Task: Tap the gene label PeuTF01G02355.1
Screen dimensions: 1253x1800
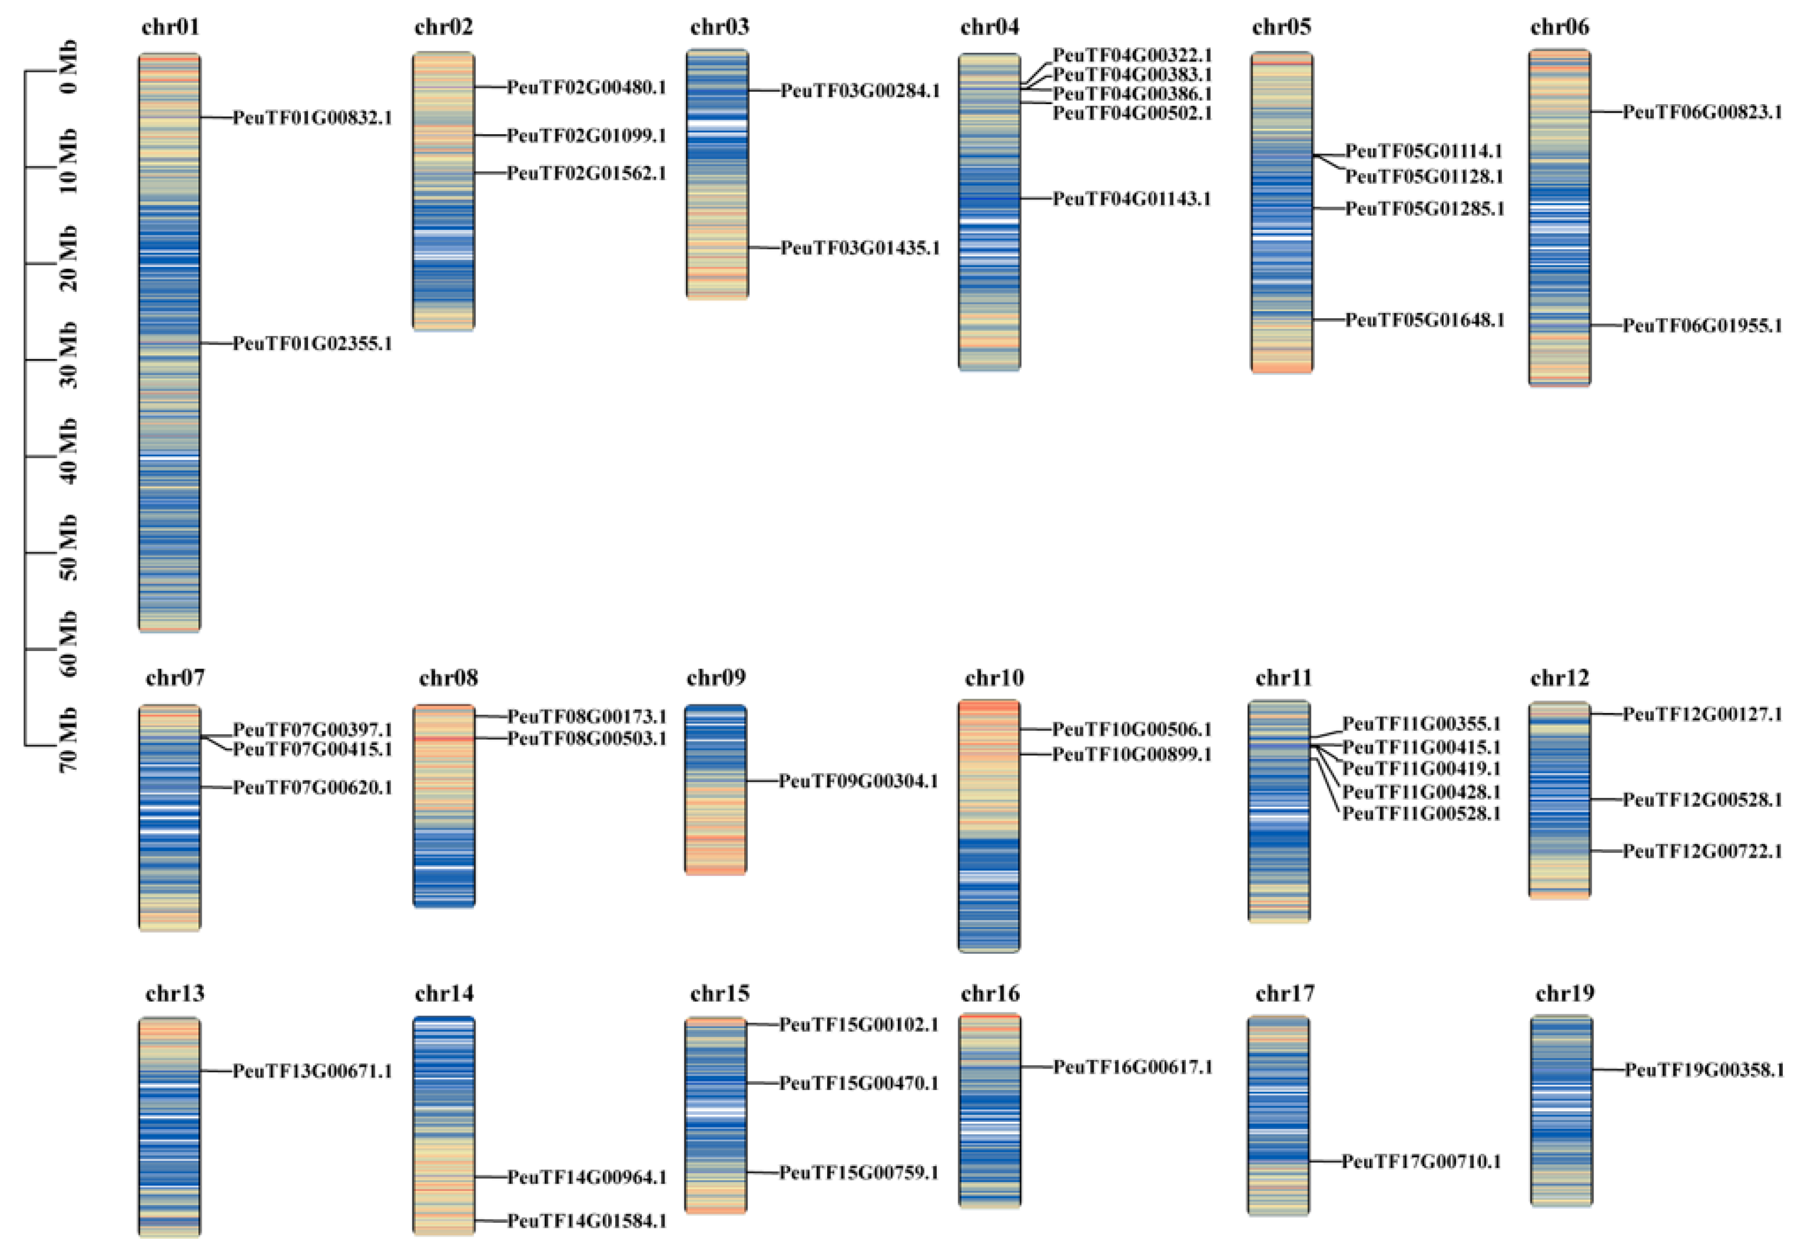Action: tap(312, 344)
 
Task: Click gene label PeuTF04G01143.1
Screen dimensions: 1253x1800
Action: tap(1131, 199)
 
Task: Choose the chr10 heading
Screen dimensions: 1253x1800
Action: tap(994, 677)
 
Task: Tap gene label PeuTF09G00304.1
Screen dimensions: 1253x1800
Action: tap(858, 781)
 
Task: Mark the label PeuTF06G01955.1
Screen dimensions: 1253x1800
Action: tap(1702, 325)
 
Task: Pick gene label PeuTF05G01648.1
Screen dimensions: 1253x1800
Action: tap(1425, 320)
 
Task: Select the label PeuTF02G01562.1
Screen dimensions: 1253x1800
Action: tap(586, 173)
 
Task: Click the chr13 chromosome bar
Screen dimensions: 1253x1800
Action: tap(169, 1127)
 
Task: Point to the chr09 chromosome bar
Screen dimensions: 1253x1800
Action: tap(716, 789)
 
